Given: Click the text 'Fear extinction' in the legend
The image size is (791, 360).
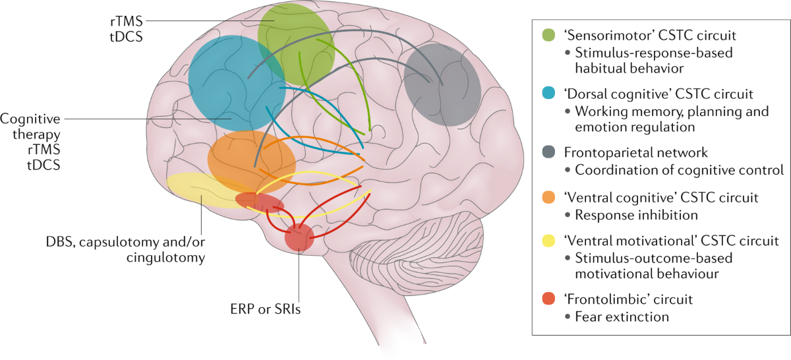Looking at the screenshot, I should (x=622, y=317).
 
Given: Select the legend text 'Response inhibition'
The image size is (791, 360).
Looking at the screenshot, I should (x=636, y=214).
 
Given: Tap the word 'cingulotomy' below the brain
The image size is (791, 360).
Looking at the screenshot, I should (x=165, y=257).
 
